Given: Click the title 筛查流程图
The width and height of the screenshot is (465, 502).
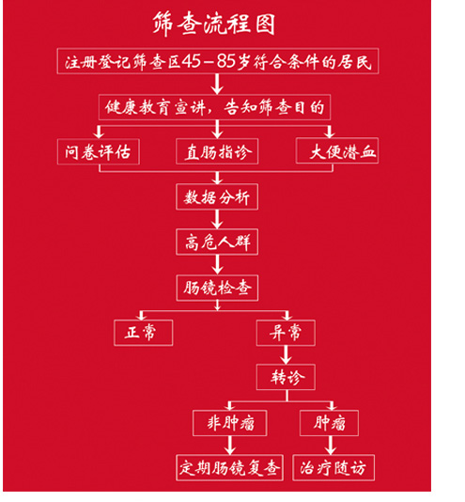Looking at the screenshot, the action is pos(214,24).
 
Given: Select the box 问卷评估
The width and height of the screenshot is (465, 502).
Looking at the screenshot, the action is pos(99,151).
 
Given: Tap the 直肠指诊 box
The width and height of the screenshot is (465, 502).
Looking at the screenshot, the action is pos(217,151).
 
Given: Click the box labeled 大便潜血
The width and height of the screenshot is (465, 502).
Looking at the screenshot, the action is pos(337,150).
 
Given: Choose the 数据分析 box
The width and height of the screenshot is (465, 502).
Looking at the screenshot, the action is pos(217,196).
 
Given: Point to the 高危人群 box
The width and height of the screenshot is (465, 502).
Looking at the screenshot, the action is pos(217,242).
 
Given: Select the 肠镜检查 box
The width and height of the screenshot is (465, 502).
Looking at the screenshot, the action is pos(217,288).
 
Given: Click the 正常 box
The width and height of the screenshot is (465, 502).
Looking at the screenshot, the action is pos(144,333).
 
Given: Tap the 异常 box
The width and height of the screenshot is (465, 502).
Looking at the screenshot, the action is pos(286,333).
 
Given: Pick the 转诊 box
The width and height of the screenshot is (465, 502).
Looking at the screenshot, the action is pos(286,377).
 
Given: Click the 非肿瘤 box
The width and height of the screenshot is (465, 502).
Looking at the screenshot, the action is pos(230,423).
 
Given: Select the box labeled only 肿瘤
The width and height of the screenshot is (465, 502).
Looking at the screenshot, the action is pos(329,423).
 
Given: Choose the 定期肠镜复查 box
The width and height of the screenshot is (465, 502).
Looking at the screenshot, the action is pos(229,468).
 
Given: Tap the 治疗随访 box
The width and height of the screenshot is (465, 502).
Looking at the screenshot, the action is pos(333,468).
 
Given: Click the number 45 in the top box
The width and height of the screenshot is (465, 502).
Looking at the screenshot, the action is pos(192,61).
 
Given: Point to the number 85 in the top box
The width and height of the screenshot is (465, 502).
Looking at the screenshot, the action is pos(226,61).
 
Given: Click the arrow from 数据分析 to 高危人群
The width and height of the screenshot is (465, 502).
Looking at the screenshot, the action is pos(217,220).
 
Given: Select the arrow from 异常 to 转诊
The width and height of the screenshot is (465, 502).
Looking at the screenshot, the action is pos(286,355).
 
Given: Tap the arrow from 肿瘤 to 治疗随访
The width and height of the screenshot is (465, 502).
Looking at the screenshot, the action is pos(331,446).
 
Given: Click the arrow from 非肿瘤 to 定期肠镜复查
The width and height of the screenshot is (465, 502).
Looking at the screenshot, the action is pos(230,446).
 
